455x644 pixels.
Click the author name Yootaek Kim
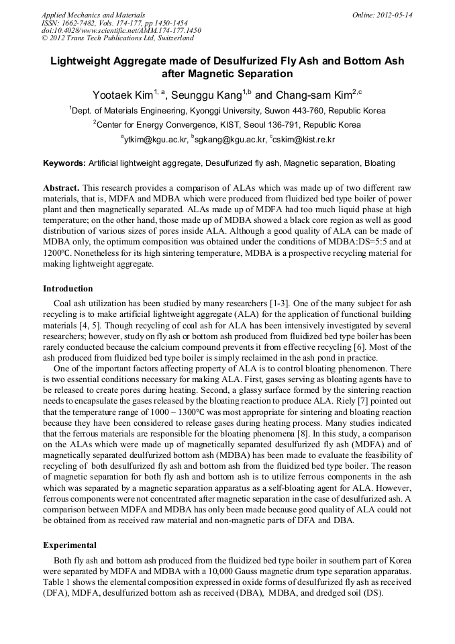pyautogui.click(x=123, y=95)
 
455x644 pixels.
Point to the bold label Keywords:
pyautogui.click(x=64, y=163)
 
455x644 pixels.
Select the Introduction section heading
pyautogui.click(x=68, y=289)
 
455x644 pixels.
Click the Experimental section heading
pyautogui.click(x=70, y=545)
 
